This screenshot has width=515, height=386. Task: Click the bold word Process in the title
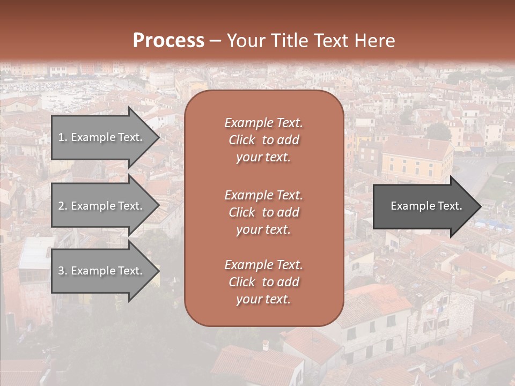(168, 41)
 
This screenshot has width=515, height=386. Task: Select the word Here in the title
(374, 41)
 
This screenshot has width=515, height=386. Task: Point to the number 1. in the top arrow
(63, 137)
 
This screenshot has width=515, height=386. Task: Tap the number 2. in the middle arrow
(63, 206)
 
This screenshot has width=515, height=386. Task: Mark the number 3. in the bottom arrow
(63, 271)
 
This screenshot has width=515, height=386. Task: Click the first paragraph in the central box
(263, 140)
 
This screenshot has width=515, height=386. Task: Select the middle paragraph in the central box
(263, 212)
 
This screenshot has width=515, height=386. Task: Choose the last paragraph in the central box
(263, 282)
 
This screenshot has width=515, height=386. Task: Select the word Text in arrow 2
(129, 206)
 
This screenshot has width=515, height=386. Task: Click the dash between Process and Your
(215, 41)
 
